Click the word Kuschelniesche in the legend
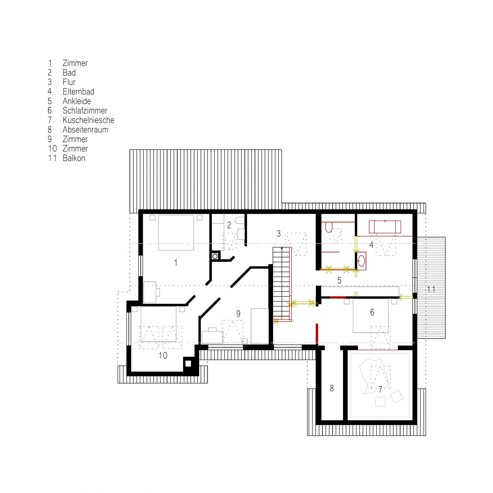point(88,120)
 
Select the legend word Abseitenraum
point(85,130)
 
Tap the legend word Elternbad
point(78,91)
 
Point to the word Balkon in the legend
point(74,158)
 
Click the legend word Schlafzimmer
point(85,110)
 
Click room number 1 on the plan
point(176,262)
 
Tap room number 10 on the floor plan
point(163,355)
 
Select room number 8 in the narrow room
point(332,388)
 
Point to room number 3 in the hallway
point(278,234)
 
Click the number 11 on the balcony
point(431,289)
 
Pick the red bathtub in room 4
point(385,227)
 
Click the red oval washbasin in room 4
point(362,261)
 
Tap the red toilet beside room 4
point(329,227)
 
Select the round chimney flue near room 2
point(215,256)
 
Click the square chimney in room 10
point(188,364)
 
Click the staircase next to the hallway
point(281,283)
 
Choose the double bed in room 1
point(176,232)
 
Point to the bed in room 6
point(371,316)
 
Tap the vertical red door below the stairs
point(317,334)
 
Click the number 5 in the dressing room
point(339,280)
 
